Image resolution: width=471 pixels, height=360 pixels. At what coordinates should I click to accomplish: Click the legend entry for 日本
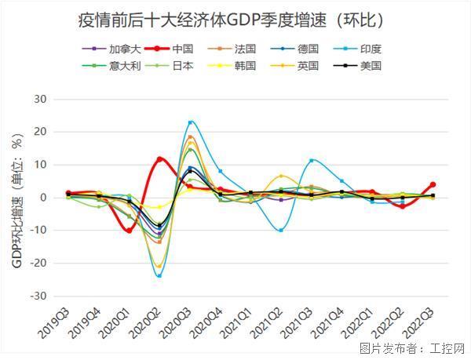(x=183, y=66)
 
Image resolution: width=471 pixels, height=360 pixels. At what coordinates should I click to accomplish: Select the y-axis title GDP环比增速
(x=17, y=200)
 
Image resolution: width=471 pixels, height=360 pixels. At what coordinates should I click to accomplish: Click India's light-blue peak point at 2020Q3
(x=190, y=122)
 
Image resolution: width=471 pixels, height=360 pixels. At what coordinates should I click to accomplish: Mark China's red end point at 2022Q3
(x=433, y=185)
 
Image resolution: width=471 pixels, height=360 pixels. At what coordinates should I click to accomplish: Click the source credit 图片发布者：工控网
(x=412, y=348)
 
